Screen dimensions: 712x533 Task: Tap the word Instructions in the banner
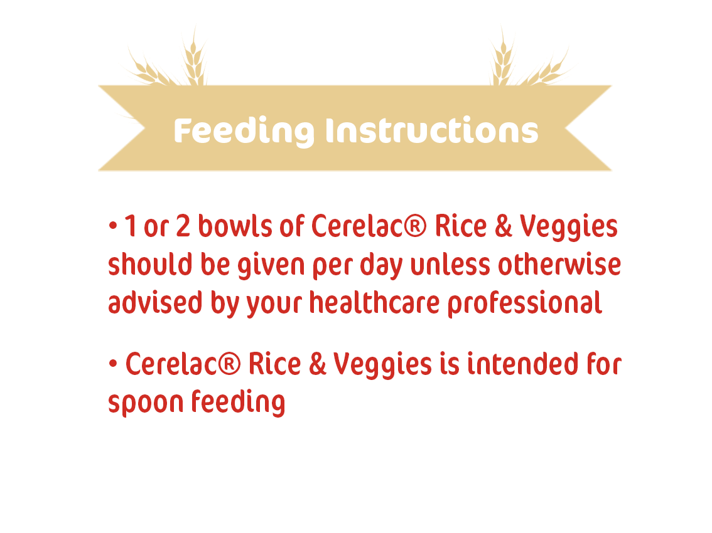pyautogui.click(x=432, y=130)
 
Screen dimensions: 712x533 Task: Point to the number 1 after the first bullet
pyautogui.click(x=130, y=226)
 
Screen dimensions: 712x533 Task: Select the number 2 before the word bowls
pyautogui.click(x=183, y=226)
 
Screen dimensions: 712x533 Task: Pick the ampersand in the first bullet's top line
pyautogui.click(x=504, y=226)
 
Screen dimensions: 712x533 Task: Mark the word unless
pyautogui.click(x=450, y=264)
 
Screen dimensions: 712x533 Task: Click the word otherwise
pyautogui.click(x=559, y=264)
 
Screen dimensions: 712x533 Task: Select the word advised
pyautogui.click(x=155, y=303)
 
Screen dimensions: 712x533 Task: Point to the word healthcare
pyautogui.click(x=375, y=303)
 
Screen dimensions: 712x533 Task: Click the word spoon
pyautogui.click(x=145, y=403)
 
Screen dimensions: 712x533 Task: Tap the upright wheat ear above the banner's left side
pyautogui.click(x=195, y=56)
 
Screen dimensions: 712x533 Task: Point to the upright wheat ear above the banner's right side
pyautogui.click(x=503, y=56)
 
